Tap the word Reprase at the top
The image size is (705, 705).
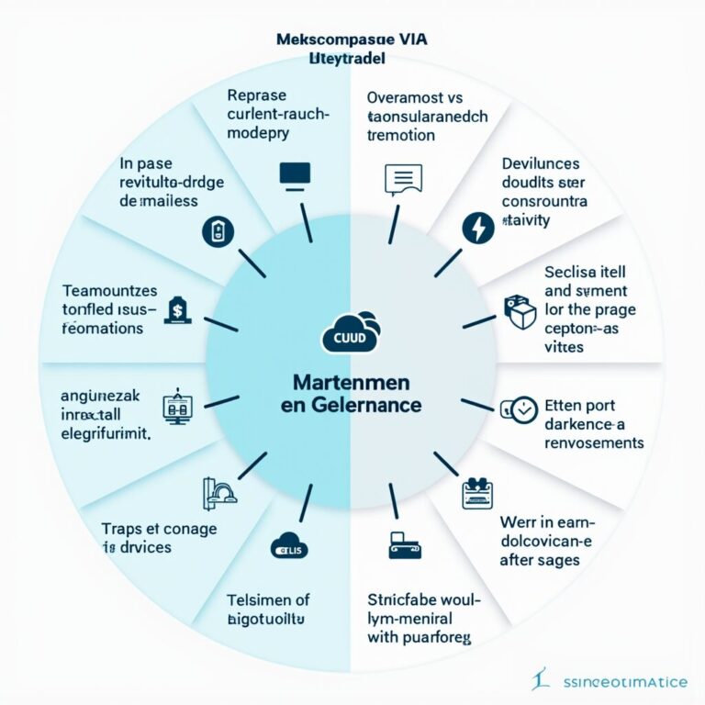pos(256,95)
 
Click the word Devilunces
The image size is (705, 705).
pos(541,163)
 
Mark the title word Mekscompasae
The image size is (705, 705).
pos(321,40)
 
